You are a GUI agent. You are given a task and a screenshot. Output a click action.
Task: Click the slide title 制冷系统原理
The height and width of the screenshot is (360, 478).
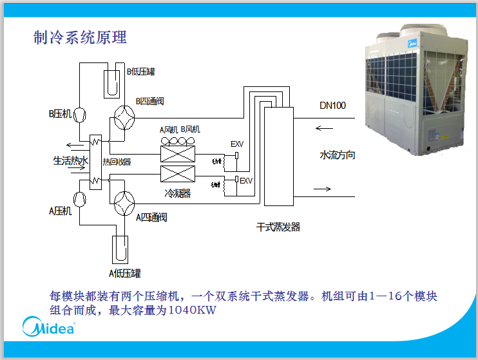click(x=80, y=37)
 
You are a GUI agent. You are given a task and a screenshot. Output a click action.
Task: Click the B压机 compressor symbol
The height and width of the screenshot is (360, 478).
click(x=81, y=114)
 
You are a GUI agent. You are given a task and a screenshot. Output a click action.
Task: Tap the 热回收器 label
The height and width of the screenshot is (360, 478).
click(x=117, y=162)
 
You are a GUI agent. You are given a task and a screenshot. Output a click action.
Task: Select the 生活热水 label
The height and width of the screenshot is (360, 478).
click(x=70, y=160)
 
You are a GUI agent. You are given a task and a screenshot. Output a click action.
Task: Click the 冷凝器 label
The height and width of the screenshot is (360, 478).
click(x=177, y=193)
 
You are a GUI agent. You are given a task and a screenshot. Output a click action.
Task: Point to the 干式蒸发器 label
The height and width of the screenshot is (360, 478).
click(x=278, y=227)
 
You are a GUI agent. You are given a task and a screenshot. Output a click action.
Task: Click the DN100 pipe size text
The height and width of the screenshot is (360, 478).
click(x=332, y=105)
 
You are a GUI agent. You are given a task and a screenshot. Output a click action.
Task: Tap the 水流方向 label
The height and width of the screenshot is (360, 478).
click(x=337, y=155)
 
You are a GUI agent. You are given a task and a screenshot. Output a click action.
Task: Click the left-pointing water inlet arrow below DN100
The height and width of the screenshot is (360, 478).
click(x=325, y=128)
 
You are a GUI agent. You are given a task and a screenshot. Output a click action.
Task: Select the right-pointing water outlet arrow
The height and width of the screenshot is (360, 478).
click(x=323, y=189)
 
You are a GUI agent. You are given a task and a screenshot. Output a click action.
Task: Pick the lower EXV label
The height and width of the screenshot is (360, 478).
click(x=246, y=181)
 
